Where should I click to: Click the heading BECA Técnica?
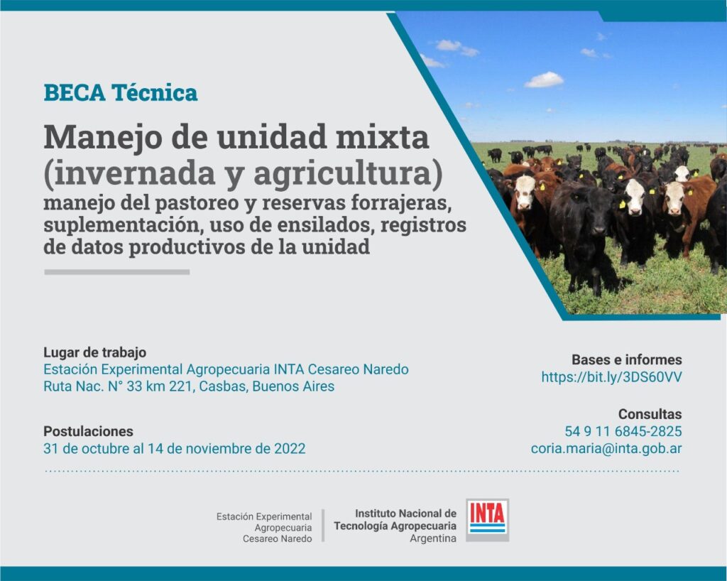121,93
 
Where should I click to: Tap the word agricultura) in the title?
348,173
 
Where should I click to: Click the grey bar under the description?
117,272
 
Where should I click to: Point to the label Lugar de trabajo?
94,352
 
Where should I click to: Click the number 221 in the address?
180,386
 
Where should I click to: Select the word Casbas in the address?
222,386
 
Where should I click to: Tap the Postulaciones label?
88,431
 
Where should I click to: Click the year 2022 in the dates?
290,449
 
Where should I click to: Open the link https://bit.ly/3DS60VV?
611,377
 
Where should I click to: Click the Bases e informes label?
626,360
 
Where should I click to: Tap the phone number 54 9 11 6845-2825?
623,432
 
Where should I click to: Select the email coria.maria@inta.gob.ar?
606,449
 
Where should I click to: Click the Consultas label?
650,414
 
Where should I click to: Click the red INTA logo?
487,519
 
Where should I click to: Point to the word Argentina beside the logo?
433,539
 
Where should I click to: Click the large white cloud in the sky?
544,80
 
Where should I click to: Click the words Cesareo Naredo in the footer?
278,539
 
